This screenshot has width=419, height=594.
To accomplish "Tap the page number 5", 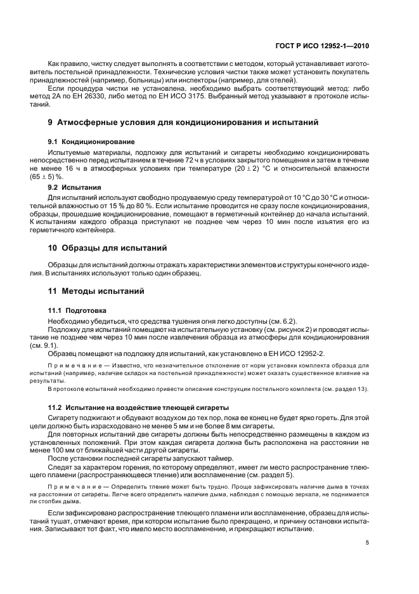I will point(368,543).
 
